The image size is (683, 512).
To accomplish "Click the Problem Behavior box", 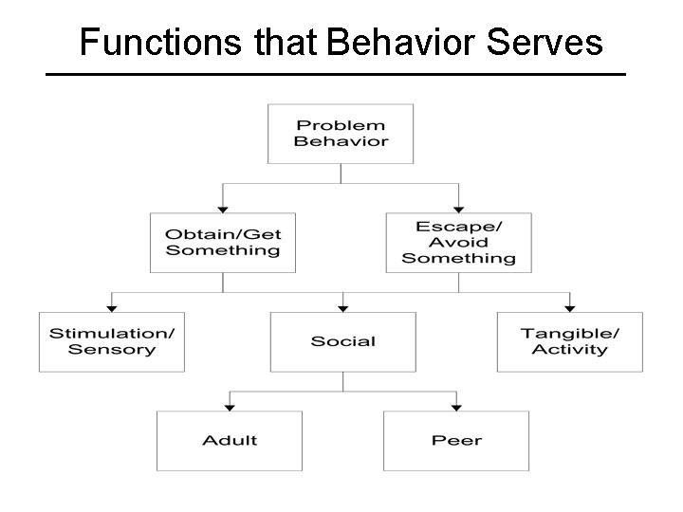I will tap(341, 134).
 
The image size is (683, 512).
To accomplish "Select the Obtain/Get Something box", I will tap(223, 243).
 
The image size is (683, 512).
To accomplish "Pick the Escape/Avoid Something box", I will tap(458, 243).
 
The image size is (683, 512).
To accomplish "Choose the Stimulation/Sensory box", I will tap(112, 341).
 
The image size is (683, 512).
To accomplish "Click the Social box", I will tap(342, 341).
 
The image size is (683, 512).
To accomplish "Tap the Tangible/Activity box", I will tap(569, 341).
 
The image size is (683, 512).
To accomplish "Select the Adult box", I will tap(229, 440).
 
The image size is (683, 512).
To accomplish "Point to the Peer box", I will tap(456, 440).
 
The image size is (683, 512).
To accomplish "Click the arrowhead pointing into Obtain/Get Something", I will tap(223, 209).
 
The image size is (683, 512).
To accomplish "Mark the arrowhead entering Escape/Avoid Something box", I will tap(458, 209).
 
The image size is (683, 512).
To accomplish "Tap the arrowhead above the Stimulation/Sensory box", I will tap(112, 308).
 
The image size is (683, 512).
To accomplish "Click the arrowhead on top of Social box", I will tap(343, 308).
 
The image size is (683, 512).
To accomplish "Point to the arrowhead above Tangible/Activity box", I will tap(569, 308).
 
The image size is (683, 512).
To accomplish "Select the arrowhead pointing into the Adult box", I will tap(229, 407).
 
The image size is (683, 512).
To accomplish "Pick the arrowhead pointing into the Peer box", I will tap(456, 407).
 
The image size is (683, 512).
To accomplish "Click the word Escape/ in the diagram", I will tap(458, 227).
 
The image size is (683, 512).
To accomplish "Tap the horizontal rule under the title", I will tap(336, 74).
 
